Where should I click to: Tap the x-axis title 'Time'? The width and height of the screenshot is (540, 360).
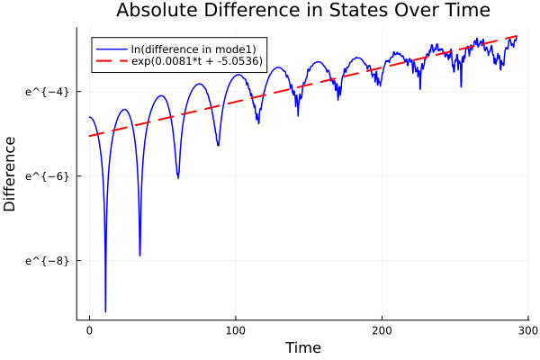(x=302, y=347)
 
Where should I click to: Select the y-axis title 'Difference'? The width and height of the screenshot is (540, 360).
(x=11, y=174)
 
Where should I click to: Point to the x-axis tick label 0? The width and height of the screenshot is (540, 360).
(x=89, y=329)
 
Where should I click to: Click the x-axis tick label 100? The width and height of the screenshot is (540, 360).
(x=236, y=329)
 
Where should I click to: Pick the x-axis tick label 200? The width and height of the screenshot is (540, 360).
(x=382, y=329)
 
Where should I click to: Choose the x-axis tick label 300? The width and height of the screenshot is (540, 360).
(x=527, y=329)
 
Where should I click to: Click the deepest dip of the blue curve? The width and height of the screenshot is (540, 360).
(x=105, y=310)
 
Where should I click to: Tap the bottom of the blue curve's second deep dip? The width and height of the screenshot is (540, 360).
(x=139, y=255)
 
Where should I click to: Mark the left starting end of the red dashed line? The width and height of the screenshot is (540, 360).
(x=90, y=136)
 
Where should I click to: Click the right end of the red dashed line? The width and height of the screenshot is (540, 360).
(x=517, y=36)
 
